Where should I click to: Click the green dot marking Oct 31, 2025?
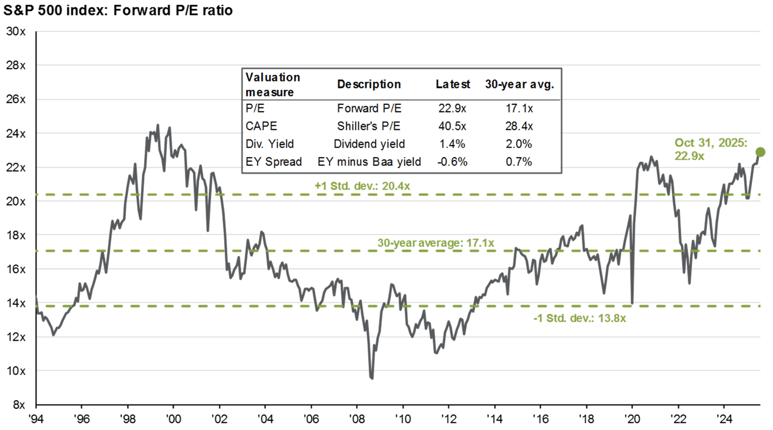click(x=760, y=152)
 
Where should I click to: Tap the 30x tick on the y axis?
click(x=16, y=32)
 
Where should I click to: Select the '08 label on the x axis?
click(x=357, y=419)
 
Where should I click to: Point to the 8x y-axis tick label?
click(x=18, y=405)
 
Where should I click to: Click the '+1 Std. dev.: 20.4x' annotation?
click(x=362, y=186)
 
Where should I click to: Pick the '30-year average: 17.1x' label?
click(x=436, y=243)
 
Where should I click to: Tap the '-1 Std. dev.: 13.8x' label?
click(x=580, y=318)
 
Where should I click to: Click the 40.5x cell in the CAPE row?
click(x=452, y=126)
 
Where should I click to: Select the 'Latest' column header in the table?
click(x=452, y=84)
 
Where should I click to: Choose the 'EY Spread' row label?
click(x=274, y=161)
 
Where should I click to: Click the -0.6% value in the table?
click(x=452, y=161)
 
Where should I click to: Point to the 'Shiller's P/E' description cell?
click(x=369, y=126)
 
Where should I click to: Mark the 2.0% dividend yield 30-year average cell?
click(x=519, y=144)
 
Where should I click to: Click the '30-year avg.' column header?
click(x=519, y=84)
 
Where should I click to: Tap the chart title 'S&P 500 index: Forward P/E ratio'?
click(x=118, y=10)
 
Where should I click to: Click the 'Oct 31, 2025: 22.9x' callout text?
click(x=710, y=149)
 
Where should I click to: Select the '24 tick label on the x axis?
click(x=724, y=419)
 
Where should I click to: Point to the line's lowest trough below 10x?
click(x=371, y=378)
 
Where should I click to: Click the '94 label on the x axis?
click(x=36, y=419)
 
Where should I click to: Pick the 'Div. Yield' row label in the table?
click(x=270, y=144)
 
